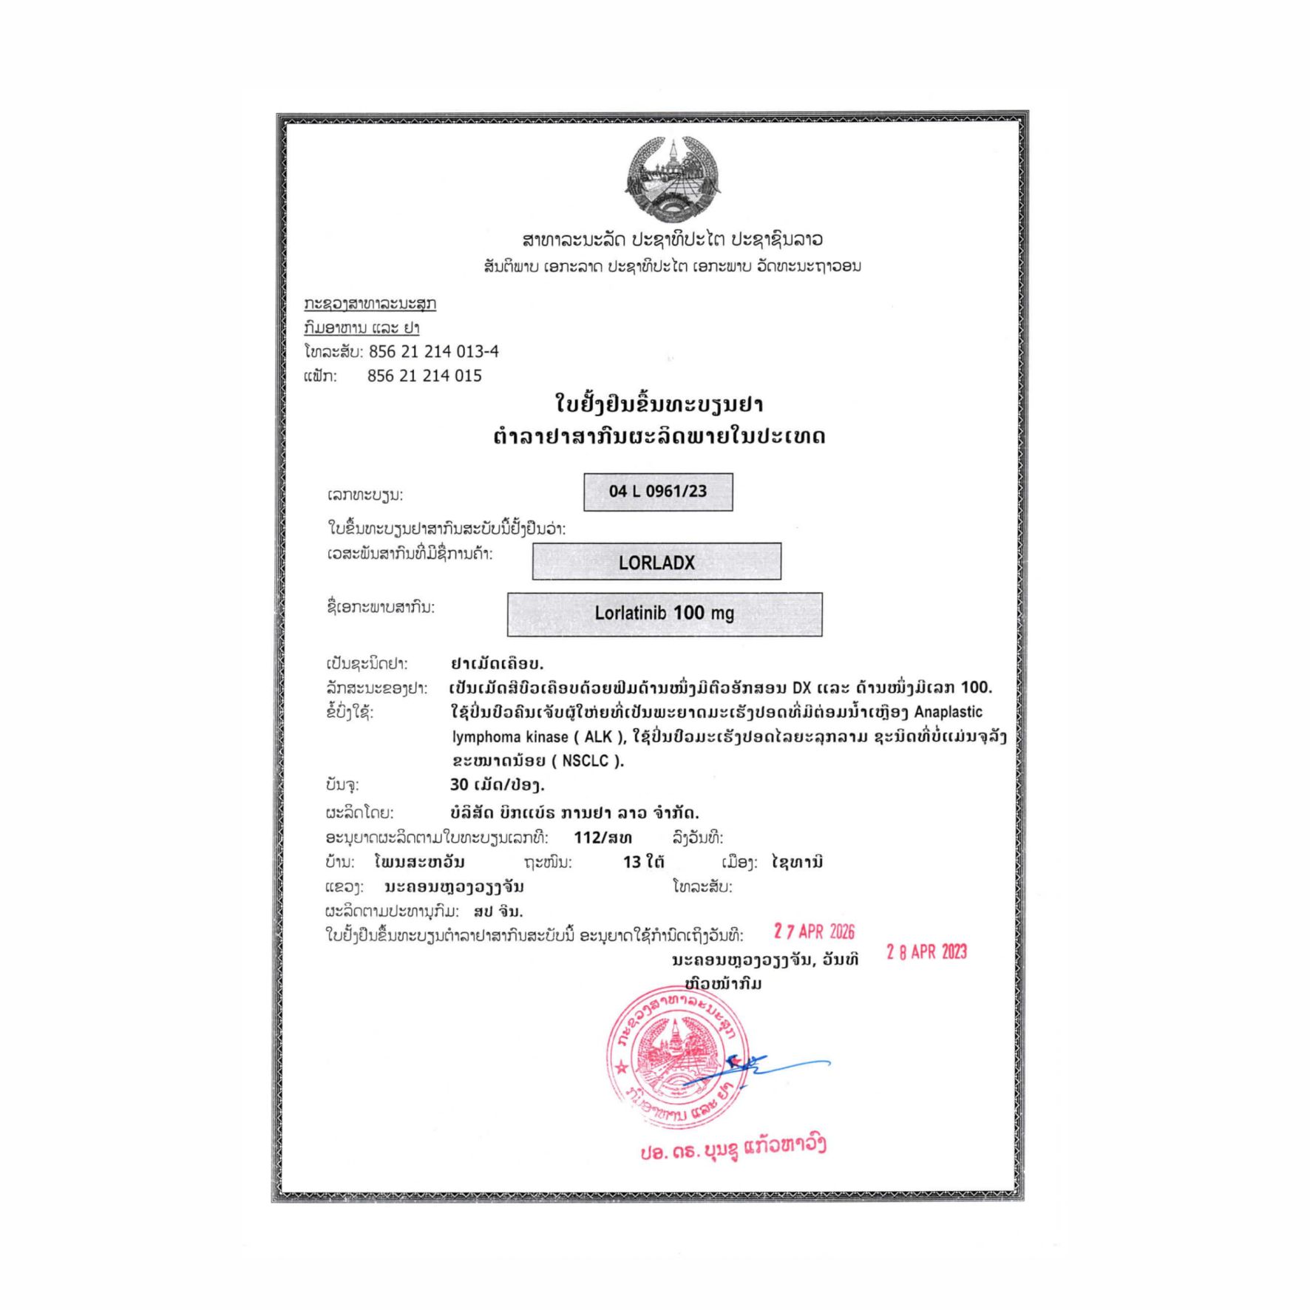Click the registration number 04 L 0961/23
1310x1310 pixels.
tap(657, 492)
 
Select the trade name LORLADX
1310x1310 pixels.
tap(656, 563)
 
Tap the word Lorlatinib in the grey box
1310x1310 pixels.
tap(630, 613)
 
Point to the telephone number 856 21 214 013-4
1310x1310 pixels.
tap(434, 351)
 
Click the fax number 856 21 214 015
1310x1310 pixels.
tap(424, 376)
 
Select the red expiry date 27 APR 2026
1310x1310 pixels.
tap(814, 931)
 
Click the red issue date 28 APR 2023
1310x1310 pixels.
tap(926, 952)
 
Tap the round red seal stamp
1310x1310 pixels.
tap(676, 1058)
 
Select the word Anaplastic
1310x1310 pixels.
tap(948, 712)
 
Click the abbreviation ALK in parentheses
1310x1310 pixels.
tap(598, 736)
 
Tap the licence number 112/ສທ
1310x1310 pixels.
tap(603, 838)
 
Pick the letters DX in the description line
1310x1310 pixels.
tap(801, 688)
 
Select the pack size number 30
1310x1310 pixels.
tap(459, 784)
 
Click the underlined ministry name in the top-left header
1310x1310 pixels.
tap(370, 304)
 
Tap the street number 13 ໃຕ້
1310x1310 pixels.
tap(643, 862)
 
